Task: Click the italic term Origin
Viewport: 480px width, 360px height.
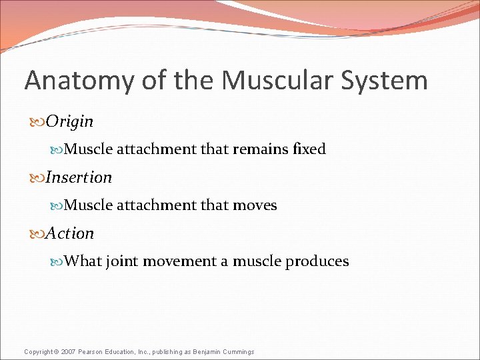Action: [x=70, y=121]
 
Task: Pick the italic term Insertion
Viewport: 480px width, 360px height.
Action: [x=79, y=177]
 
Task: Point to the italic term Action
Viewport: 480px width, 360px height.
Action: [x=70, y=233]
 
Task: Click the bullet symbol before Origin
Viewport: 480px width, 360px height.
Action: [x=38, y=122]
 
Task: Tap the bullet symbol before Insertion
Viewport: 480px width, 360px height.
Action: [x=38, y=178]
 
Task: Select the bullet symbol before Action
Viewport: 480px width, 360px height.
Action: [x=38, y=234]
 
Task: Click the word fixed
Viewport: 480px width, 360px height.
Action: [x=309, y=149]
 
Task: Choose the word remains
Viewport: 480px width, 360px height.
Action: [x=260, y=149]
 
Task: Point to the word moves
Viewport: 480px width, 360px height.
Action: [x=255, y=205]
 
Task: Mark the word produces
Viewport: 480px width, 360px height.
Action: [x=317, y=261]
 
